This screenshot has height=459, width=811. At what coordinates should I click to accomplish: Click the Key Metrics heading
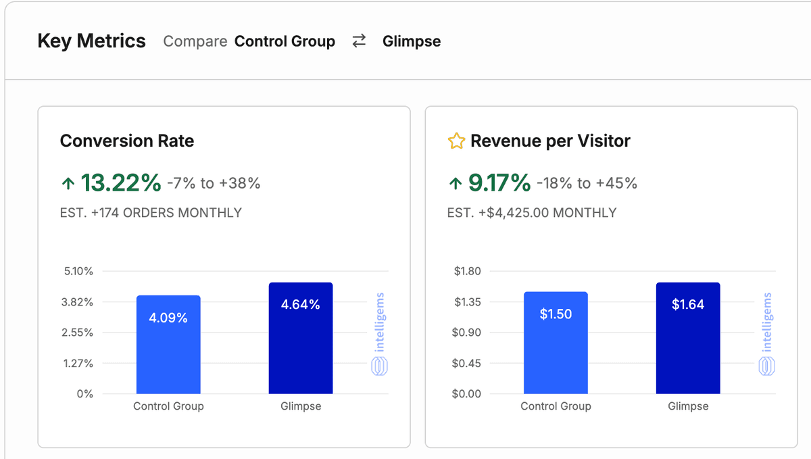(x=91, y=41)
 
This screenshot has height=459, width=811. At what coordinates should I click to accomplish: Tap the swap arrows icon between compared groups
(x=359, y=41)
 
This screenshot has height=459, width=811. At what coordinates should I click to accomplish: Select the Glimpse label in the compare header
(x=411, y=41)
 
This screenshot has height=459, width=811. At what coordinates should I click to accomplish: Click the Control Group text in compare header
(x=285, y=41)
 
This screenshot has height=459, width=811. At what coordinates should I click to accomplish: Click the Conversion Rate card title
(x=127, y=141)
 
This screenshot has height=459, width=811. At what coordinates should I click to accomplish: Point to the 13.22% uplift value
(x=120, y=183)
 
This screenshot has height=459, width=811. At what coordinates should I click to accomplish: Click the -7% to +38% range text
(x=214, y=183)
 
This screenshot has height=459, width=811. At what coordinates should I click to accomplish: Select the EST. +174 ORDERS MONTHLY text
(x=151, y=212)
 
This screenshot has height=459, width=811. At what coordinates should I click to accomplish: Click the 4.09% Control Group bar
(x=168, y=345)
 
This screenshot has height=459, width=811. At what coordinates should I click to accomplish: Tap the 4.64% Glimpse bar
(x=301, y=338)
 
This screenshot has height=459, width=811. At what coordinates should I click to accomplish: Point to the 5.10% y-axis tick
(x=78, y=271)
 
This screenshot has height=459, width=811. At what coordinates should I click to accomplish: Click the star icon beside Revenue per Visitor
(x=456, y=141)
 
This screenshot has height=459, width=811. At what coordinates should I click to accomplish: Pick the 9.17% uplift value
(x=499, y=183)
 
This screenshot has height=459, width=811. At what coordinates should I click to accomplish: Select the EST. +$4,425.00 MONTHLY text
(x=532, y=212)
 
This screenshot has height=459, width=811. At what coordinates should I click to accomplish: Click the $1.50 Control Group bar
(x=556, y=343)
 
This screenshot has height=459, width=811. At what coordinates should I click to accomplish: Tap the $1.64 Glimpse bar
(x=688, y=338)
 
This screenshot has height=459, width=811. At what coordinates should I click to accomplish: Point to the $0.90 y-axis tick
(x=468, y=333)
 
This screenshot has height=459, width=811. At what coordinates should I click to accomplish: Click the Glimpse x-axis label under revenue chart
(x=688, y=406)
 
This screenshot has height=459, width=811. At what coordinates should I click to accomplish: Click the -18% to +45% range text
(x=587, y=183)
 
